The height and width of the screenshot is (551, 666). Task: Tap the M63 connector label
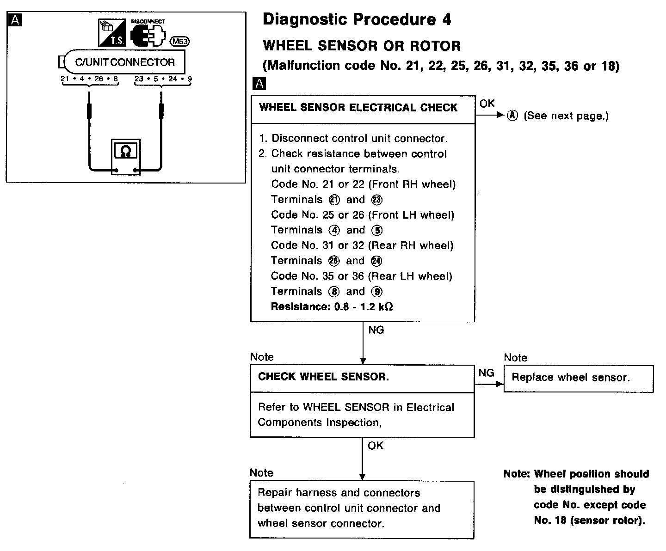[x=180, y=42]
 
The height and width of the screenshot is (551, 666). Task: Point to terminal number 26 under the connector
[x=99, y=79]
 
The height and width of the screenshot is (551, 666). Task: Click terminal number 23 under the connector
[x=139, y=79]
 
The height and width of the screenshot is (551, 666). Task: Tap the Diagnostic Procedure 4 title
[x=357, y=19]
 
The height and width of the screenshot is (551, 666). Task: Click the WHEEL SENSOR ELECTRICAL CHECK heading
[x=358, y=108]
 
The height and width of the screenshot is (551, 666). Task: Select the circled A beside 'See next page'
[x=512, y=116]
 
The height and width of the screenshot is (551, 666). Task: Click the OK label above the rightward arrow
[x=487, y=104]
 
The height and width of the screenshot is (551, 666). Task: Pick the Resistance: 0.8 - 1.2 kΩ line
[x=332, y=306]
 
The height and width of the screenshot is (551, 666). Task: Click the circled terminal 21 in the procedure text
[x=334, y=200]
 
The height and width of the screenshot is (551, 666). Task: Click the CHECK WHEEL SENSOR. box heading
[x=324, y=377]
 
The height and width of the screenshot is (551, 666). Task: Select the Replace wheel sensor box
[x=578, y=378]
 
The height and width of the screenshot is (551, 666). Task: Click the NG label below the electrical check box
[x=376, y=330]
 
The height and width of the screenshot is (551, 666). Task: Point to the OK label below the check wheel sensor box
[x=376, y=446]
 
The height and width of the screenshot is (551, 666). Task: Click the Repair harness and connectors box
[x=362, y=508]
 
